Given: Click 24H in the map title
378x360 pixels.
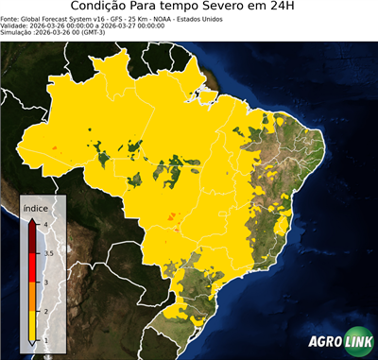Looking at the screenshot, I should tap(293, 8).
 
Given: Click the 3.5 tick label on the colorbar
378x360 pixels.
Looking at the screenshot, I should tap(48, 253).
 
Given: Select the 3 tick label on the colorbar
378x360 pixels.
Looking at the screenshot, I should tap(45, 282).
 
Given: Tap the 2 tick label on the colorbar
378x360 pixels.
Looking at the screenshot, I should tap(45, 311).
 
